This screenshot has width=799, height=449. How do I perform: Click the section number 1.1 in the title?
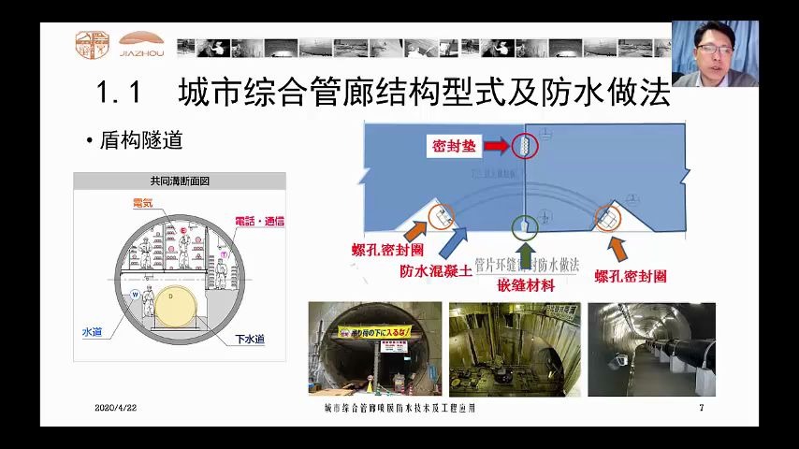pyautogui.click(x=118, y=94)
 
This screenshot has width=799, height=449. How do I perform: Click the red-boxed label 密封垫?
pyautogui.click(x=455, y=147)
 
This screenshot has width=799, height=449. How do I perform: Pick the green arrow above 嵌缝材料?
pyautogui.click(x=526, y=254)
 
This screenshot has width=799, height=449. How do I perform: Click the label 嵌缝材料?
pyautogui.click(x=526, y=284)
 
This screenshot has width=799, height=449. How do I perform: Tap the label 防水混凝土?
pyautogui.click(x=436, y=271)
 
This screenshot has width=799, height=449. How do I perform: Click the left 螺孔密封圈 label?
pyautogui.click(x=387, y=252)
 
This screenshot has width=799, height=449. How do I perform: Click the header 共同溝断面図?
pyautogui.click(x=180, y=181)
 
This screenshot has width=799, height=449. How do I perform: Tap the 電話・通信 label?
pyautogui.click(x=259, y=221)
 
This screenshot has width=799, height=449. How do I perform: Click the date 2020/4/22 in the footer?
pyautogui.click(x=115, y=408)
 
